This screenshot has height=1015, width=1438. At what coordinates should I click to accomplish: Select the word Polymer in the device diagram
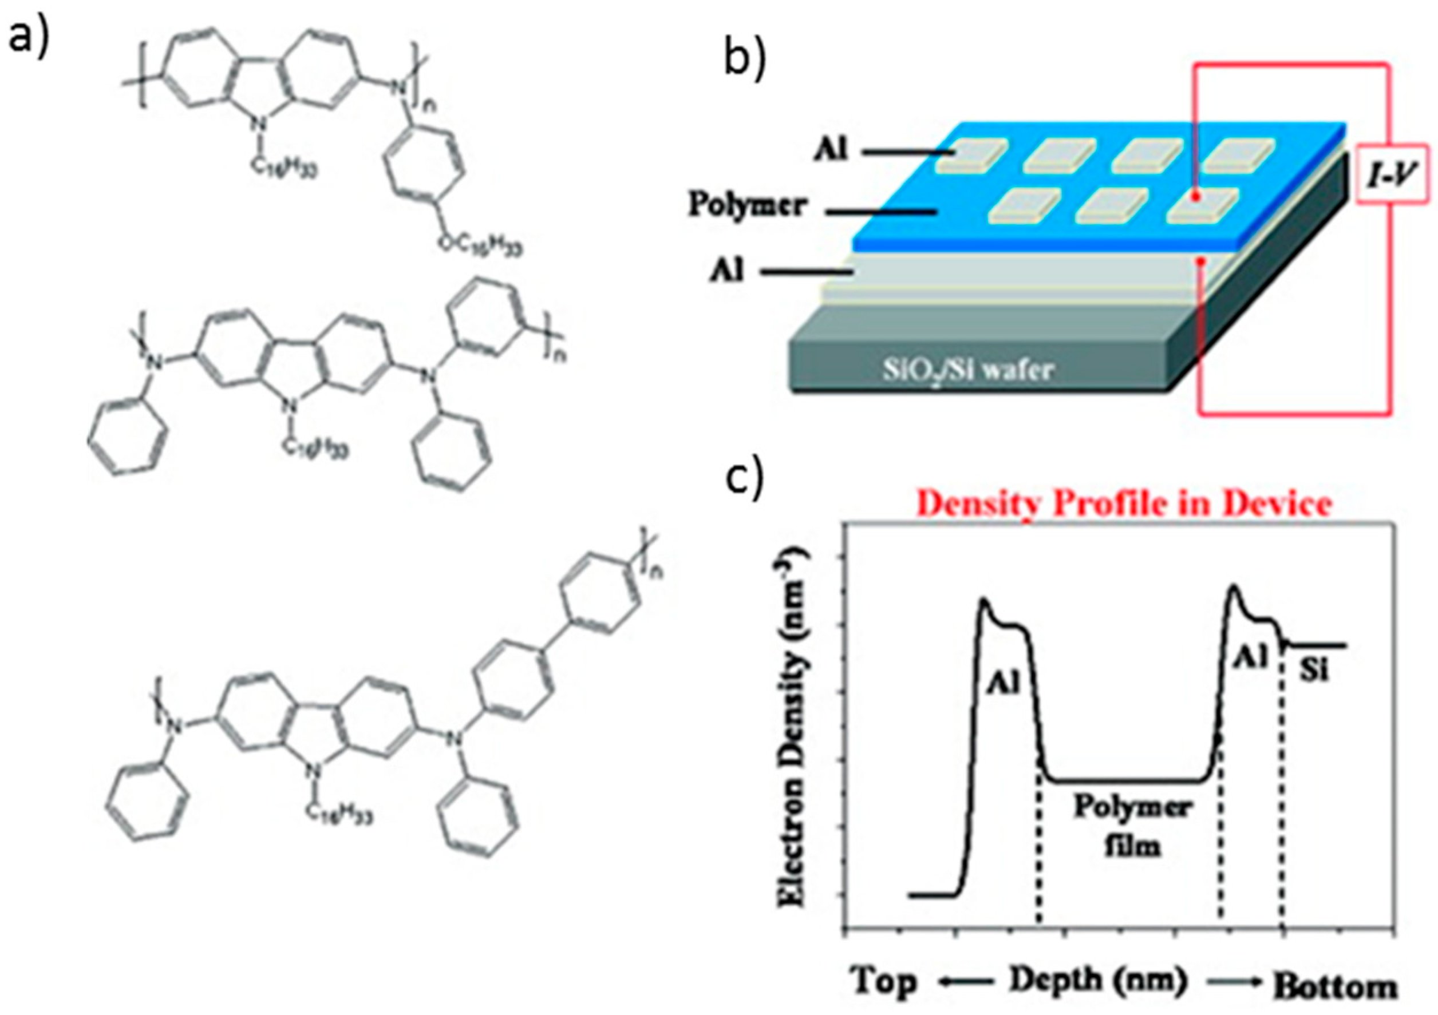click(746, 205)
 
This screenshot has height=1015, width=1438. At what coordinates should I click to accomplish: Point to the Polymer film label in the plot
click(1132, 826)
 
